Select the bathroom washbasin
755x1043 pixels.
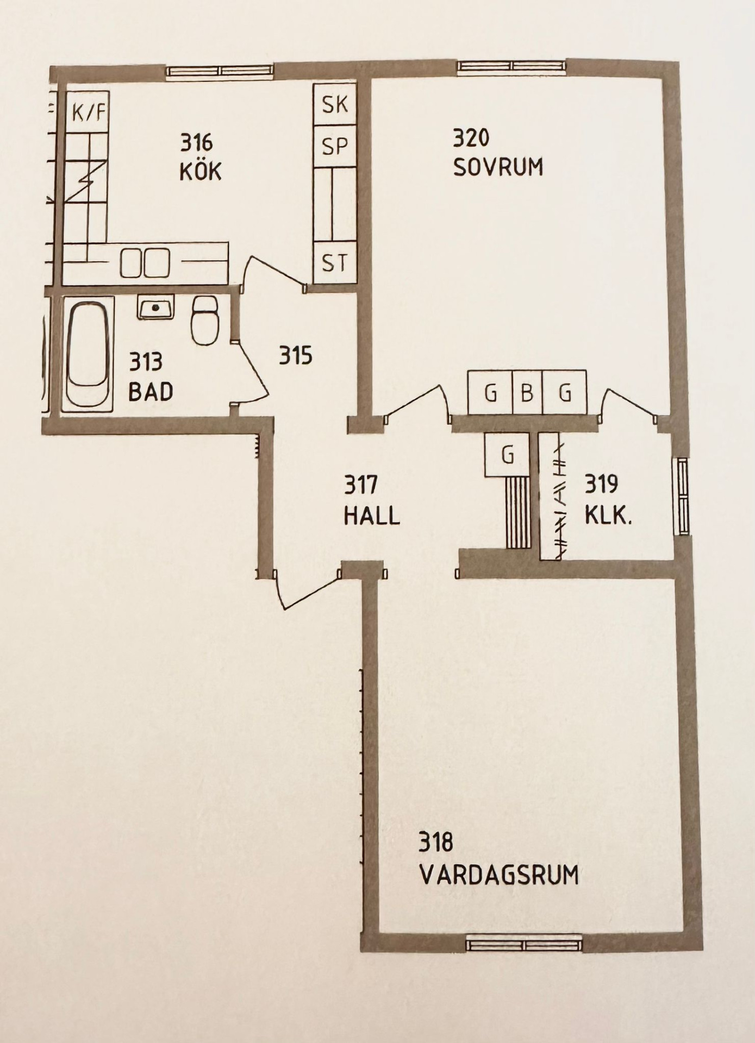pos(155,307)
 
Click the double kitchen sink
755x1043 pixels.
pos(145,263)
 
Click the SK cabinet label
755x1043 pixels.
pos(335,104)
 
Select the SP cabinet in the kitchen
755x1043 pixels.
pos(335,146)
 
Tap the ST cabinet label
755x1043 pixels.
pos(335,263)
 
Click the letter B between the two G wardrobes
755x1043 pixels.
pos(527,392)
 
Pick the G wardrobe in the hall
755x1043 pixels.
pos(507,455)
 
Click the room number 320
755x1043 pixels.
pos(471,138)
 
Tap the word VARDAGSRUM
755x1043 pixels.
pos(499,875)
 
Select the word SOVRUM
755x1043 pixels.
pos(498,167)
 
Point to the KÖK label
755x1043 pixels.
pos(200,172)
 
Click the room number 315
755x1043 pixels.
pos(296,356)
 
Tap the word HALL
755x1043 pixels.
pos(372,515)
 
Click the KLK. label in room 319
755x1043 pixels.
pos(608,515)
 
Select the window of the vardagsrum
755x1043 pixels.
pos(523,945)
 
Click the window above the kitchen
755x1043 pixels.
pos(219,71)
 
